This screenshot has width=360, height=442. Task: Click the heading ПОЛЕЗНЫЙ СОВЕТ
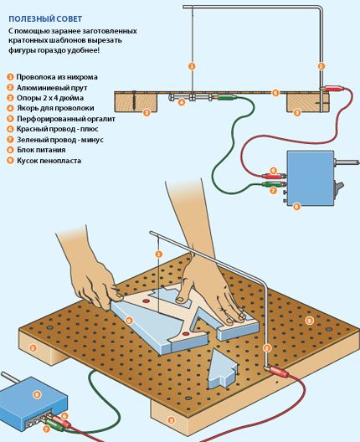click(x=45, y=19)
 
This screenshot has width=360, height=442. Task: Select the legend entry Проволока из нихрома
click(x=57, y=77)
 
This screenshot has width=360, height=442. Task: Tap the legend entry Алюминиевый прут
click(x=52, y=88)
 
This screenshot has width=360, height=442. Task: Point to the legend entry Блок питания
click(x=41, y=150)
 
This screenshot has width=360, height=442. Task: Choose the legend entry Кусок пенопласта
click(x=49, y=161)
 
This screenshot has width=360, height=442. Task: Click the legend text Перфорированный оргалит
click(x=66, y=119)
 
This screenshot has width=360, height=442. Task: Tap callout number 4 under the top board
click(x=182, y=101)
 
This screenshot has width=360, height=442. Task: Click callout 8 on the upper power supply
click(x=296, y=206)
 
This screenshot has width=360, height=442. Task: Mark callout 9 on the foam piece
click(x=129, y=321)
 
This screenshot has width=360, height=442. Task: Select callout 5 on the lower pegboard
click(x=309, y=321)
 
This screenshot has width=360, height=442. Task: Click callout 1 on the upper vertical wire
click(x=192, y=66)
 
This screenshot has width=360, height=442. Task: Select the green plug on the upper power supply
click(x=274, y=184)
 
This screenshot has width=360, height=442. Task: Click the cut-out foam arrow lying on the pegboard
click(x=222, y=368)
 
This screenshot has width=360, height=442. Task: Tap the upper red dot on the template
click(x=146, y=301)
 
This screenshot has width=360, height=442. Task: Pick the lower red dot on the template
click(x=186, y=334)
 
